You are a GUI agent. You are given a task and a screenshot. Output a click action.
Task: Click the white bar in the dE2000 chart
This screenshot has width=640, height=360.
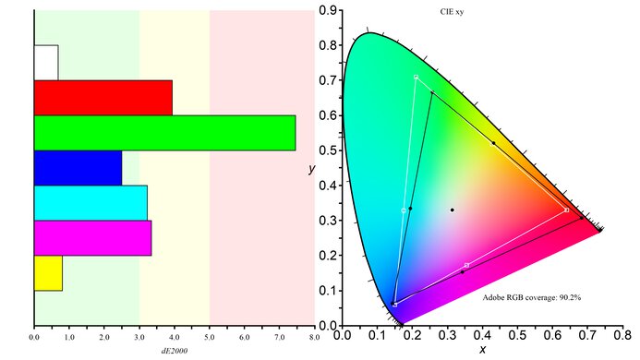(46, 63)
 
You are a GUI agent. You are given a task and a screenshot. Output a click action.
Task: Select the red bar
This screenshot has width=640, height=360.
(103, 98)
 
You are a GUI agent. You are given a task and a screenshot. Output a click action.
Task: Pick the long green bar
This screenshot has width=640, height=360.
(164, 132)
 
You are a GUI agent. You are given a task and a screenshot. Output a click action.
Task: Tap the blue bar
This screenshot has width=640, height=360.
(78, 167)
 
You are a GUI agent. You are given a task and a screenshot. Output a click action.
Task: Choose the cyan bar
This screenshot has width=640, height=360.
(91, 202)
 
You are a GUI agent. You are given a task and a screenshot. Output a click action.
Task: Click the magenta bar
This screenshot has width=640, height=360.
(92, 237)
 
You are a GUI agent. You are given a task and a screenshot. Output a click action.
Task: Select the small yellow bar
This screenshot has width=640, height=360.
(48, 272)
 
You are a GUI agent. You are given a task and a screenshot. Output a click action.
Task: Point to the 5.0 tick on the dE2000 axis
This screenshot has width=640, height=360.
(210, 337)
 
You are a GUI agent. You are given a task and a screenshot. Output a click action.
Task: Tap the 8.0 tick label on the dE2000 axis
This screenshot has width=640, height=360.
(314, 337)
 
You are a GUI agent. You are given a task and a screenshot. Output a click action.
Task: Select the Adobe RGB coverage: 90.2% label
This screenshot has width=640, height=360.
(532, 297)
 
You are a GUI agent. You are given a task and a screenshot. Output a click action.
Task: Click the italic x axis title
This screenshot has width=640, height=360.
(482, 349)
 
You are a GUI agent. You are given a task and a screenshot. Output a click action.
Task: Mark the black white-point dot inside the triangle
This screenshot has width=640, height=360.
(452, 210)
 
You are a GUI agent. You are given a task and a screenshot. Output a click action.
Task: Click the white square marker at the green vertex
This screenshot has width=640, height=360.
(416, 77)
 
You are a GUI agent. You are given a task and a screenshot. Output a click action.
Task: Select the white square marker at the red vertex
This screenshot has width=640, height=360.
(566, 210)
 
